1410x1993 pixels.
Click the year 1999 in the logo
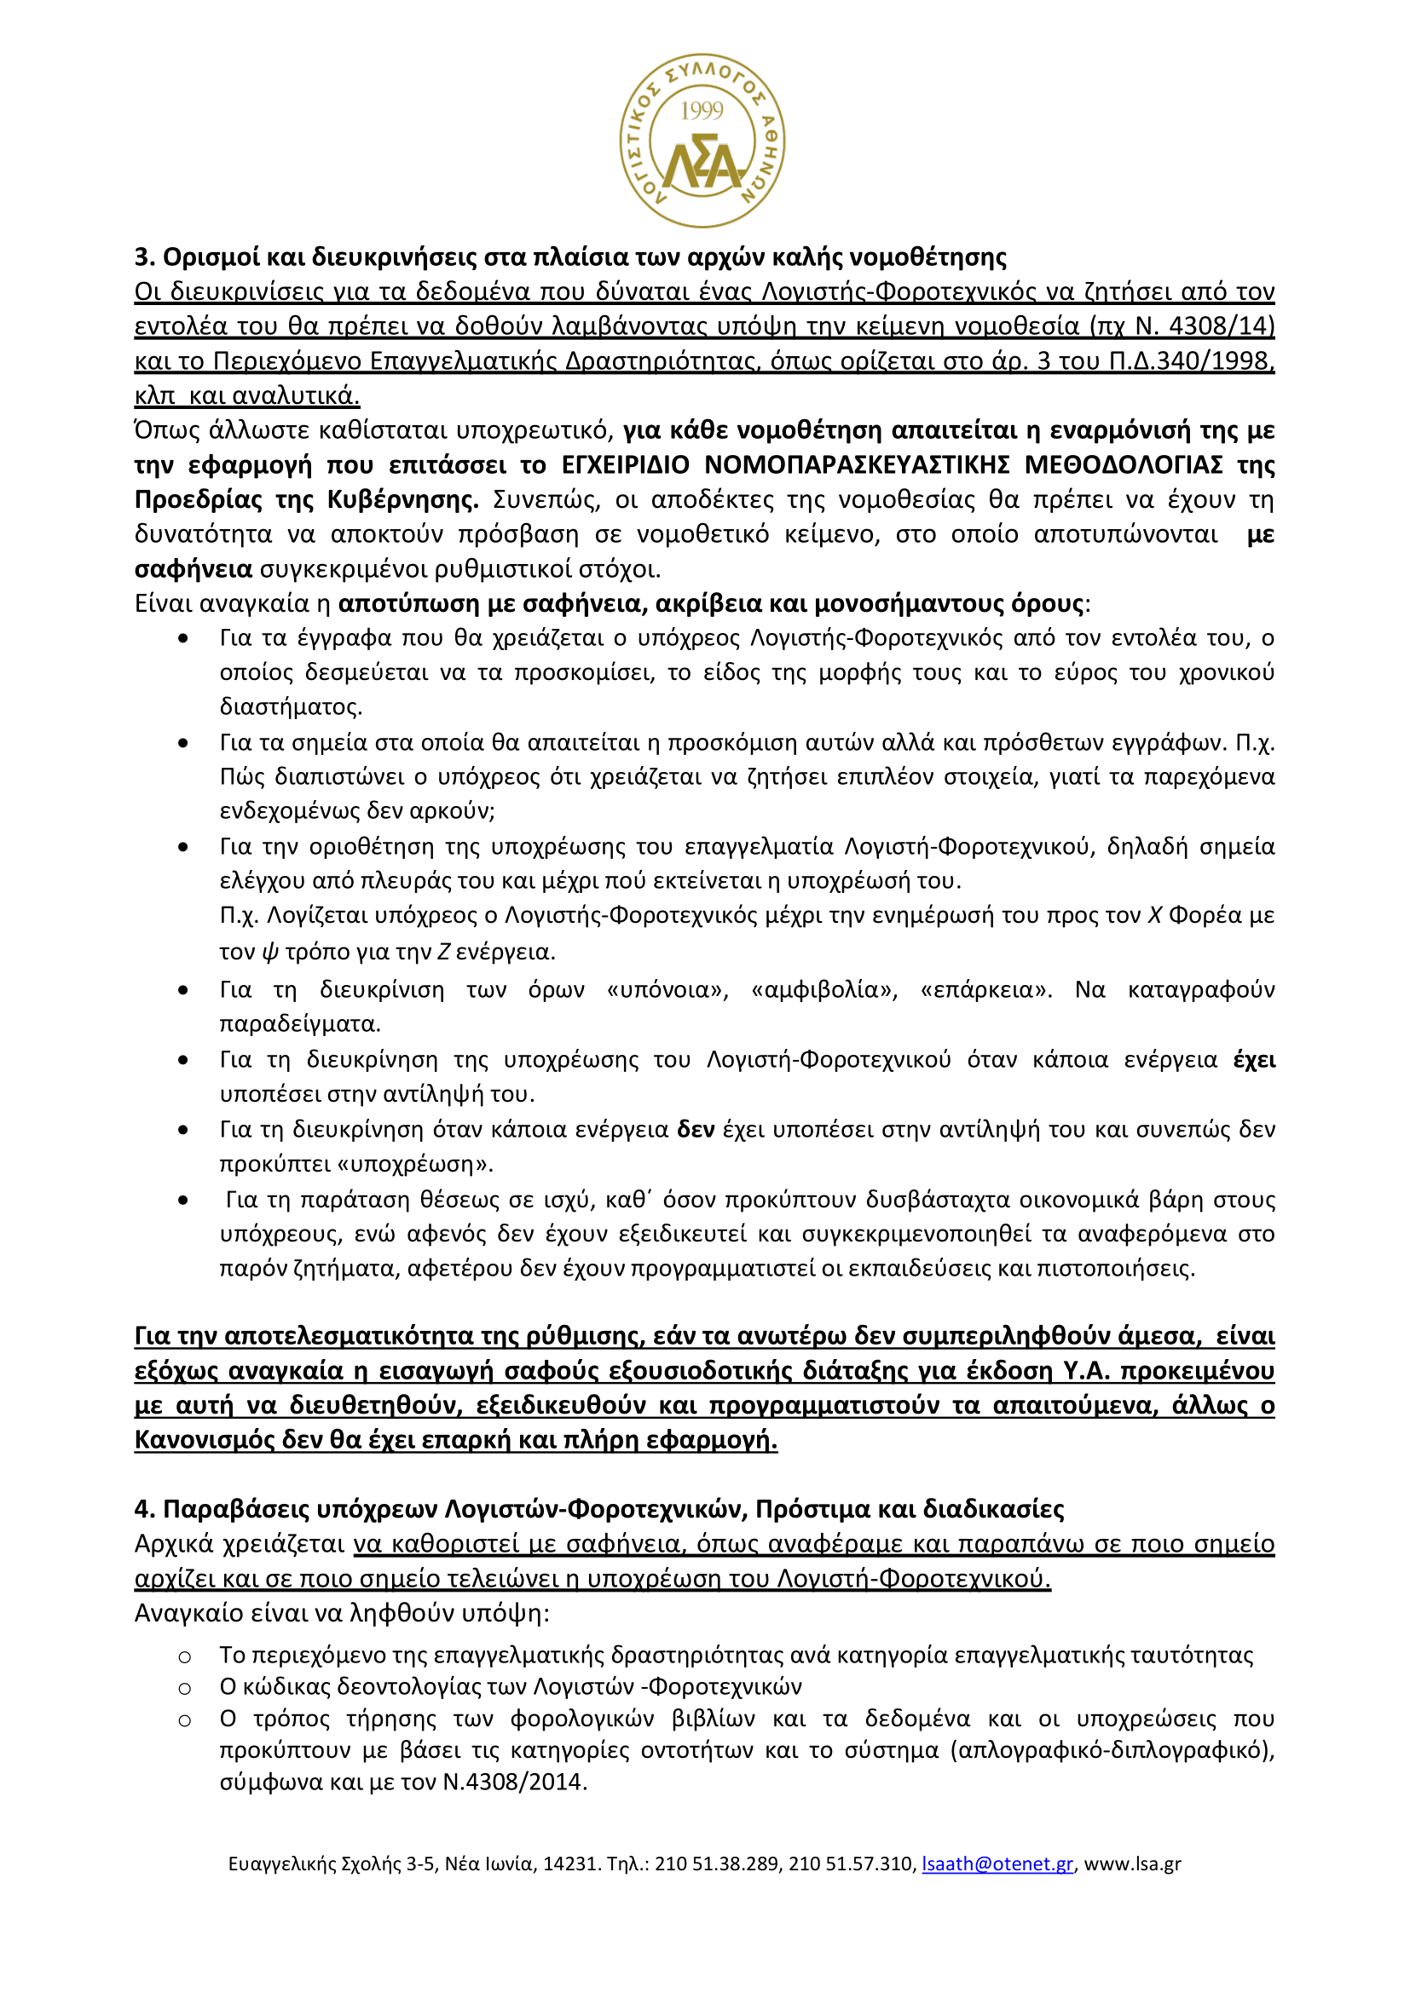[x=702, y=110]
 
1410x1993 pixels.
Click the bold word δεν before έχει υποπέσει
[x=696, y=1129]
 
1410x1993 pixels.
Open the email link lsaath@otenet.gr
[x=997, y=1863]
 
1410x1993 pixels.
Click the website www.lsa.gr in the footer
[x=1132, y=1863]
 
